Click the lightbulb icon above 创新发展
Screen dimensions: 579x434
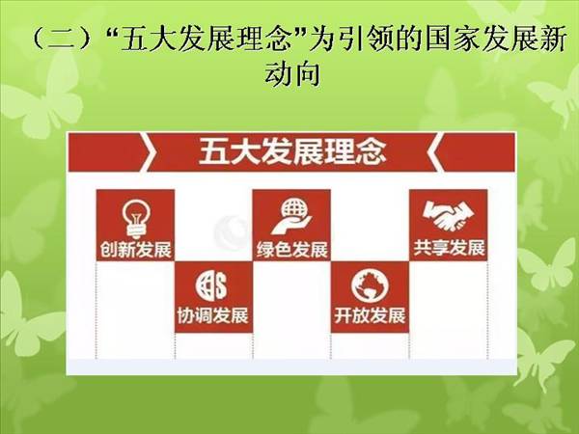point(135,219)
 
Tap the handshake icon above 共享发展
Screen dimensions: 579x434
point(448,216)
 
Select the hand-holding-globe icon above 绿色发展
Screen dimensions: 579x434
point(292,217)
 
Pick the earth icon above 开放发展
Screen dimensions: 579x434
point(370,285)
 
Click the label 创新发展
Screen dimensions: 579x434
point(136,250)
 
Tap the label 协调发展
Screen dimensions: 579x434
point(213,315)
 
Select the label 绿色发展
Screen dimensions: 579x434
point(292,250)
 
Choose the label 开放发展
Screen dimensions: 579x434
point(370,315)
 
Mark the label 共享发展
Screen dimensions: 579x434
point(449,248)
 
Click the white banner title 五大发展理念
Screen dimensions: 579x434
point(292,151)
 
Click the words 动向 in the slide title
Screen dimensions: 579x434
point(292,73)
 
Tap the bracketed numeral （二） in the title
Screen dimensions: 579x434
point(62,40)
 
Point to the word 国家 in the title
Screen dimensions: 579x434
point(454,39)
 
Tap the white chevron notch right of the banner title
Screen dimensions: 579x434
point(435,152)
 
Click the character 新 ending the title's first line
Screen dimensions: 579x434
point(553,39)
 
